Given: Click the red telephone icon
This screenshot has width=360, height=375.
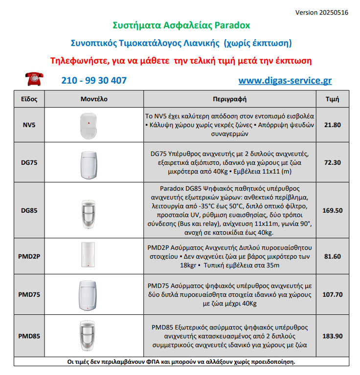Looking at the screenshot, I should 35,78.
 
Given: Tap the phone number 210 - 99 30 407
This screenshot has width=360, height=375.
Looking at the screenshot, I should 94,81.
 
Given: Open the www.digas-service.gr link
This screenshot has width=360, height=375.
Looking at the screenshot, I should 285,81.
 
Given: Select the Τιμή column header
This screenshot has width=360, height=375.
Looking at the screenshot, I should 333,99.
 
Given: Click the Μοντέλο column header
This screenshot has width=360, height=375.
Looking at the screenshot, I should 94,99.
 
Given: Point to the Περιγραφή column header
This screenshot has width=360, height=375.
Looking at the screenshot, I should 229,99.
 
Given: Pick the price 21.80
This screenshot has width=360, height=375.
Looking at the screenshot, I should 333,125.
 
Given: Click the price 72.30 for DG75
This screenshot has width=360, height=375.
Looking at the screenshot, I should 333,162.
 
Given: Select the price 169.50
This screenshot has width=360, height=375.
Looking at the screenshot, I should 333,210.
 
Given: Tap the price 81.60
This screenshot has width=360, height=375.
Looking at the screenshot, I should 333,256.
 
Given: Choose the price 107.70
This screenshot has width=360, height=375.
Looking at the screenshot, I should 333,294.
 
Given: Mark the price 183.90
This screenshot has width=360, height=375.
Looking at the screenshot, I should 333,336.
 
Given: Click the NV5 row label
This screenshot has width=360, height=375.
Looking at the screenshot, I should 29,125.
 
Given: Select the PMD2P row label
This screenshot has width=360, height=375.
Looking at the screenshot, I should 29,256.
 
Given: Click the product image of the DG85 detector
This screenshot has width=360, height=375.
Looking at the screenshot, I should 89,210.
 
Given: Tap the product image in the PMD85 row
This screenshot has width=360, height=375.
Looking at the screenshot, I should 89,336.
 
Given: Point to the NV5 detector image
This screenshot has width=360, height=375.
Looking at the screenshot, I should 89,125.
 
